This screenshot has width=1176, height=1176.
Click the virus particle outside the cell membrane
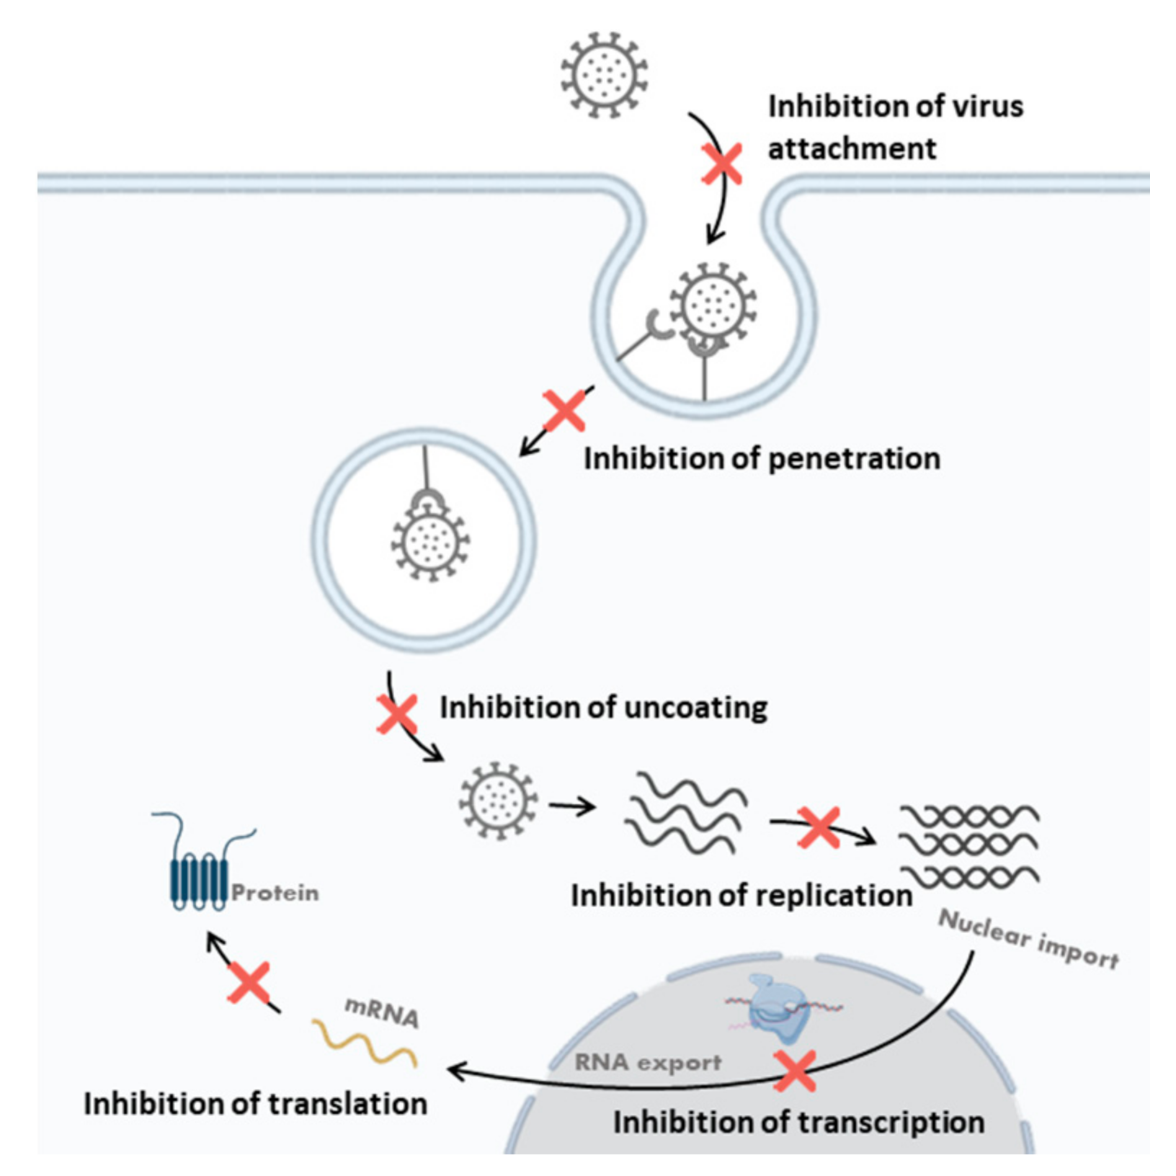[604, 74]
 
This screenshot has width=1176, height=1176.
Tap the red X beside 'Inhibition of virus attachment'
[722, 164]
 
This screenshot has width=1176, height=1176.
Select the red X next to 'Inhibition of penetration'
[564, 411]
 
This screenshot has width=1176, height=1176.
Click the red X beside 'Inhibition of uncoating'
[397, 714]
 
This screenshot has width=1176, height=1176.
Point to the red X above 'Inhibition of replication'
[819, 827]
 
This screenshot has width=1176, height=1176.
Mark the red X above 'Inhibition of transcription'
[794, 1071]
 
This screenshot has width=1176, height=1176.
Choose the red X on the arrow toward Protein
[249, 982]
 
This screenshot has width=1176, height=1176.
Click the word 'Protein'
[275, 894]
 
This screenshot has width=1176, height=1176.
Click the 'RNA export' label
[648, 1062]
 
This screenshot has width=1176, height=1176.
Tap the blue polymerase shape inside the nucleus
[779, 1010]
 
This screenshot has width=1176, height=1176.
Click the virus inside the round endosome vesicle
[430, 542]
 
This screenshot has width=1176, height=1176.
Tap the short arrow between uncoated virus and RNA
[571, 806]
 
